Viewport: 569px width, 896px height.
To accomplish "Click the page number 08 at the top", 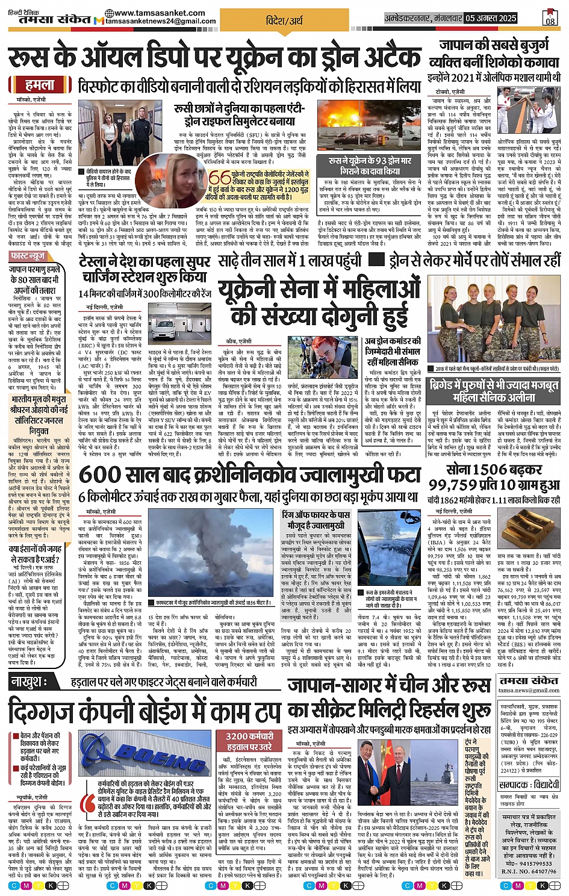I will (550, 20).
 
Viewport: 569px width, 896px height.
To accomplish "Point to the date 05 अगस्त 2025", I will (491, 18).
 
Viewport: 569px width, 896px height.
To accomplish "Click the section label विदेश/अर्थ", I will (284, 20).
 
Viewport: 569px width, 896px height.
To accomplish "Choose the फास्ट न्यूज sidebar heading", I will (28, 257).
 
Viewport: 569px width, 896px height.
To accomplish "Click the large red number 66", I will (220, 179).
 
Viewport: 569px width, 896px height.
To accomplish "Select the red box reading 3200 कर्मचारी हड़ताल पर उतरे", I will (249, 741).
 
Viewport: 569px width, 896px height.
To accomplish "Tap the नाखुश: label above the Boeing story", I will (28, 681).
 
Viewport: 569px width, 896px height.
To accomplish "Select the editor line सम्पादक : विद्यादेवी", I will (529, 785).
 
